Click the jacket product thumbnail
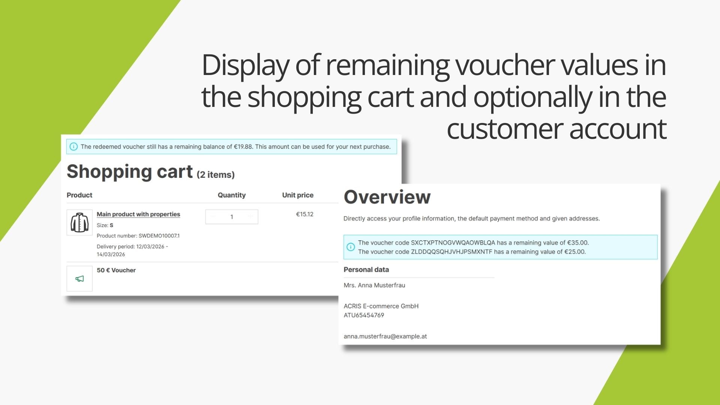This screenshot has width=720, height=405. tap(79, 222)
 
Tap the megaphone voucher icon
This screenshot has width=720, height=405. tap(79, 279)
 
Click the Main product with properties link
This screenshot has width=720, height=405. tap(138, 214)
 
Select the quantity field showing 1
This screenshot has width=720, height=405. tap(232, 217)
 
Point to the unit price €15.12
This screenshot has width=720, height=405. tap(304, 214)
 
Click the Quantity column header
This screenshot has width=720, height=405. tap(232, 195)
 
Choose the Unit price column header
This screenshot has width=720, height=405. tap(298, 195)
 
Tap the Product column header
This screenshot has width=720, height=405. tap(79, 195)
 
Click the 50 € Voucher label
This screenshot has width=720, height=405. tap(116, 270)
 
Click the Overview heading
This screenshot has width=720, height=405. tap(387, 197)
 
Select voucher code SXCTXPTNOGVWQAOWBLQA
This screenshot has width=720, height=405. tap(453, 243)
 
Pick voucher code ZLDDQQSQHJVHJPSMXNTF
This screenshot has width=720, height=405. tap(451, 252)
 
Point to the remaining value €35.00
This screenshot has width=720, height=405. tap(578, 243)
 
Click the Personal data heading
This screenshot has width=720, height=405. tap(366, 270)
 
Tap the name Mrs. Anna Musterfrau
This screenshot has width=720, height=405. tap(375, 285)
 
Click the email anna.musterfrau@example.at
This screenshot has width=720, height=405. tap(385, 336)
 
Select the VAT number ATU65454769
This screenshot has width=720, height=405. tap(364, 315)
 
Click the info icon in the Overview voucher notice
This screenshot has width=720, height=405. tap(351, 247)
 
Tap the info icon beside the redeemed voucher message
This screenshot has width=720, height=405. tap(73, 147)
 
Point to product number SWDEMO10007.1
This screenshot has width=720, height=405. tap(159, 236)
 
